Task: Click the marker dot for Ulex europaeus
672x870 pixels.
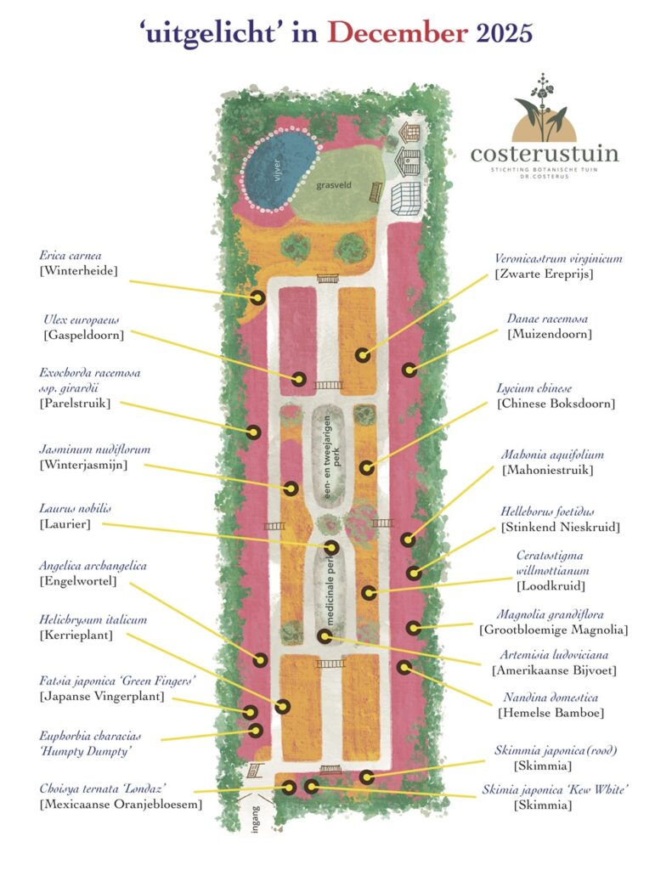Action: [x=299, y=379]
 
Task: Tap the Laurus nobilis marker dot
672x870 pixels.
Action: [x=331, y=548]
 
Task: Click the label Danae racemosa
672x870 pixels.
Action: [x=547, y=319]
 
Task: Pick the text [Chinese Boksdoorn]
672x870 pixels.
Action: [x=556, y=403]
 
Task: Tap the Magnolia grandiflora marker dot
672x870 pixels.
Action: [x=414, y=628]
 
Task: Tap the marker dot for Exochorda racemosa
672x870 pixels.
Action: [x=253, y=432]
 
